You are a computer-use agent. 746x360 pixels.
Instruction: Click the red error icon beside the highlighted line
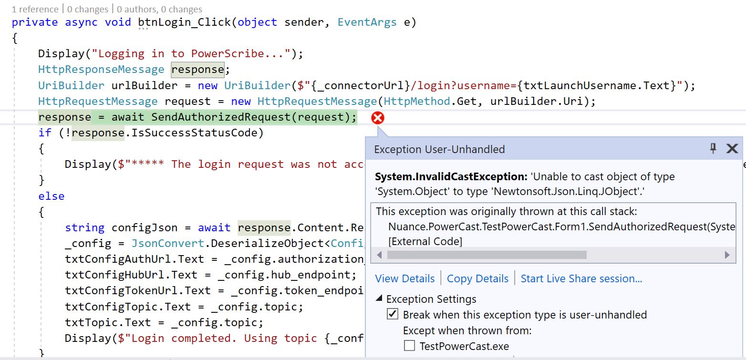coord(377,118)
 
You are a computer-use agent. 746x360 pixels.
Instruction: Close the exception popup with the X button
coord(732,149)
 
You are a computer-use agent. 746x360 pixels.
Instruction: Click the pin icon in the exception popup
coord(713,149)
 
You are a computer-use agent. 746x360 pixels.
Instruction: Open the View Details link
coord(404,278)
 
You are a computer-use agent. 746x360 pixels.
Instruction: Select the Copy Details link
coord(477,278)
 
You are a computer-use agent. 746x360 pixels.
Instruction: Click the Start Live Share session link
coord(581,278)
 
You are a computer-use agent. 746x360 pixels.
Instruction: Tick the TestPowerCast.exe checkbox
coord(409,346)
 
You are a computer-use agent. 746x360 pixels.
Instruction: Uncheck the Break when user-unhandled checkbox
coord(393,314)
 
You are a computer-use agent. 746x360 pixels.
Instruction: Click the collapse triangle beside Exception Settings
coord(379,299)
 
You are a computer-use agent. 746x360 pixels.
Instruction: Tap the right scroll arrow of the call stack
coord(727,255)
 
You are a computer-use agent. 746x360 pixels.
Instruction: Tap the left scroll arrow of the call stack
coord(379,255)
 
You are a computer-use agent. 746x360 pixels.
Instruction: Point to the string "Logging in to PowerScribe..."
coord(191,54)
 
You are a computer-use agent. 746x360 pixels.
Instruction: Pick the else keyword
coord(52,196)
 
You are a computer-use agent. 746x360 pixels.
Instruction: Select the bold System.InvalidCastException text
coord(451,177)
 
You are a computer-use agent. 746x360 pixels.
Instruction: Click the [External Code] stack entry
coord(425,242)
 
